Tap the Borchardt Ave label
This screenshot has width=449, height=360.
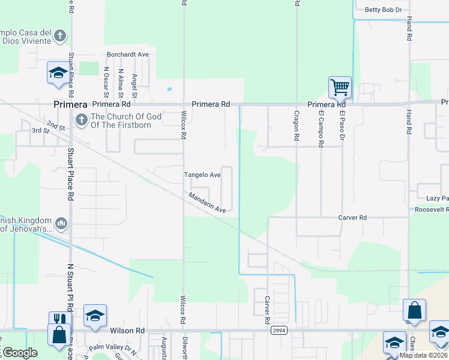tap(128, 54)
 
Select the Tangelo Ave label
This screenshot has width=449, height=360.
tap(202, 175)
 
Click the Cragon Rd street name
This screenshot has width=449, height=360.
tap(297, 125)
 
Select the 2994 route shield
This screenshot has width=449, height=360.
tap(279, 331)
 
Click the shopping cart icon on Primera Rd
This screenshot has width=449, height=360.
tap(340, 88)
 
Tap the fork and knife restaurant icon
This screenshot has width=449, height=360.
tap(58, 319)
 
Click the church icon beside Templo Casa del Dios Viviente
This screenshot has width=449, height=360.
tap(59, 36)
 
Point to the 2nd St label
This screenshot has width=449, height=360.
tap(56, 127)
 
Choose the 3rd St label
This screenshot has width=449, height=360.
tap(40, 130)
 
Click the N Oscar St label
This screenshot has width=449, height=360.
tap(106, 82)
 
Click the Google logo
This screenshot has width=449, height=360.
tap(19, 353)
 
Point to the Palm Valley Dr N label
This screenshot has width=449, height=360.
tap(112, 348)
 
